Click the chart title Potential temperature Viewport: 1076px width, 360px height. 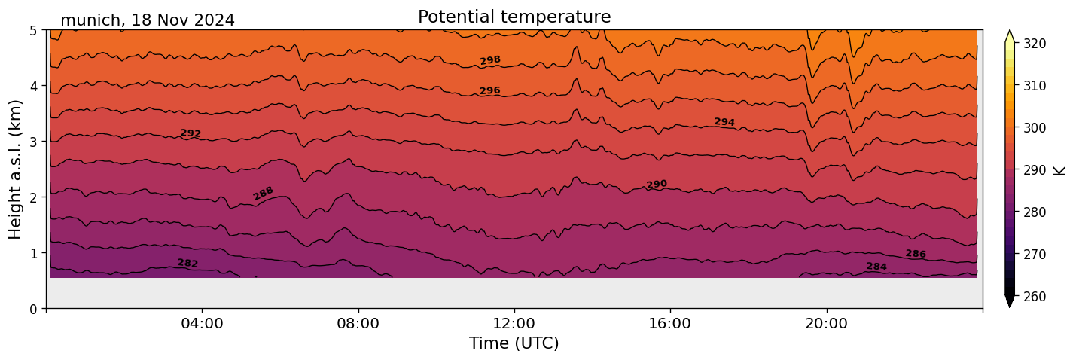[514, 17]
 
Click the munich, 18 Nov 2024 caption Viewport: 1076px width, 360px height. [148, 20]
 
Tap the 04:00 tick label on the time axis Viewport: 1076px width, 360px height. [203, 324]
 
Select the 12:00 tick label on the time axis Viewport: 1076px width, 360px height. [514, 324]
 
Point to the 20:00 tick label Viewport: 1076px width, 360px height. [827, 324]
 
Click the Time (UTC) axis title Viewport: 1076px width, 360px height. [514, 343]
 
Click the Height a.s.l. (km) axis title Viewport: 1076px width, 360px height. [16, 169]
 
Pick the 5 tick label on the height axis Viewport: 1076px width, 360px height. [34, 31]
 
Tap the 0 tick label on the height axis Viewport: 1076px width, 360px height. [34, 309]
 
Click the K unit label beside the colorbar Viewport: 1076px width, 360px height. [1061, 169]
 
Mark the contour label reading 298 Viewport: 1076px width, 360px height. [490, 60]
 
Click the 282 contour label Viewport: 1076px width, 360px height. [187, 263]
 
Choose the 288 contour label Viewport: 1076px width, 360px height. [263, 194]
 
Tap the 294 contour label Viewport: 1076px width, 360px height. [724, 122]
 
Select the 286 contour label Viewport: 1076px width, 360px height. [916, 254]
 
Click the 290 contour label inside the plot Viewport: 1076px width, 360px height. [657, 185]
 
